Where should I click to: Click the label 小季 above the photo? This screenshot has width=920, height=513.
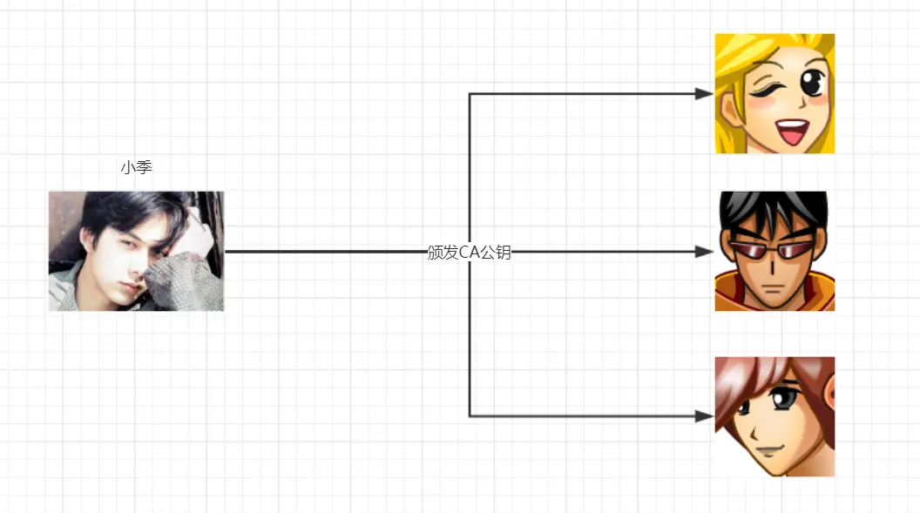pyautogui.click(x=137, y=167)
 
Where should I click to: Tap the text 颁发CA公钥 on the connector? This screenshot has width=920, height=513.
pyautogui.click(x=469, y=253)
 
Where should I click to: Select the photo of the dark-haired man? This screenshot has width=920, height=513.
pyautogui.click(x=136, y=251)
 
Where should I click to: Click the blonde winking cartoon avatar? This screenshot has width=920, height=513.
pyautogui.click(x=775, y=93)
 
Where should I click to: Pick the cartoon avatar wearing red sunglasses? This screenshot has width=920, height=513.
pyautogui.click(x=775, y=251)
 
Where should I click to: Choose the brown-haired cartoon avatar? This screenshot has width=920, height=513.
pyautogui.click(x=775, y=416)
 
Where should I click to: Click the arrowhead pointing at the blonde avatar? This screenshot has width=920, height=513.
pyautogui.click(x=705, y=94)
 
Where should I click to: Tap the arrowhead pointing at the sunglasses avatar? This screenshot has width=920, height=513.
pyautogui.click(x=705, y=252)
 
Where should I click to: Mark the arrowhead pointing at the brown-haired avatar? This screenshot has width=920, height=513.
pyautogui.click(x=705, y=416)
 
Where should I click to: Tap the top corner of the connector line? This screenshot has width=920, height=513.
pyautogui.click(x=470, y=94)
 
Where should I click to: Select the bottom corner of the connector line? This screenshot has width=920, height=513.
pyautogui.click(x=470, y=416)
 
